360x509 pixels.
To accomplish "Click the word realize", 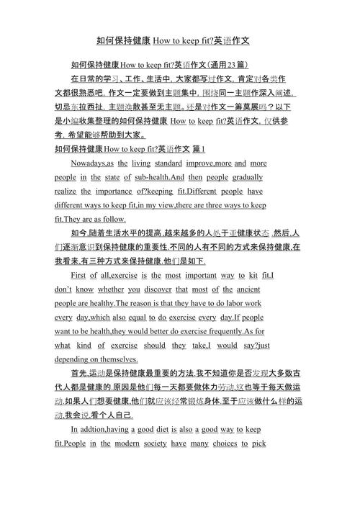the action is click(x=64, y=191).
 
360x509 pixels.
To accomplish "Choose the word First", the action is click(x=81, y=276).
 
